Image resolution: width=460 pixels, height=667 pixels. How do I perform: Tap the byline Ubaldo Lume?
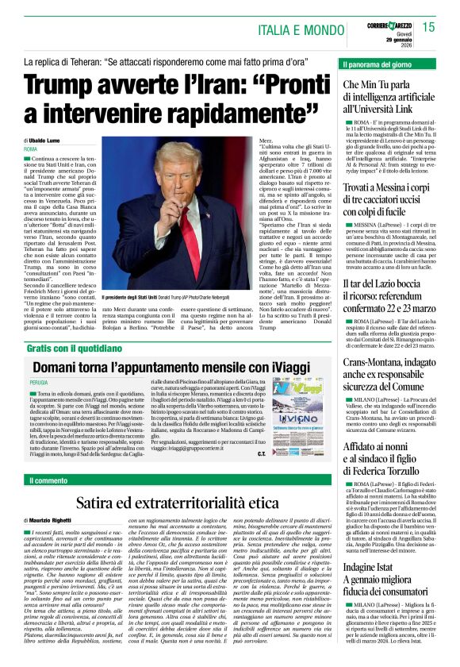tap(49, 140)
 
